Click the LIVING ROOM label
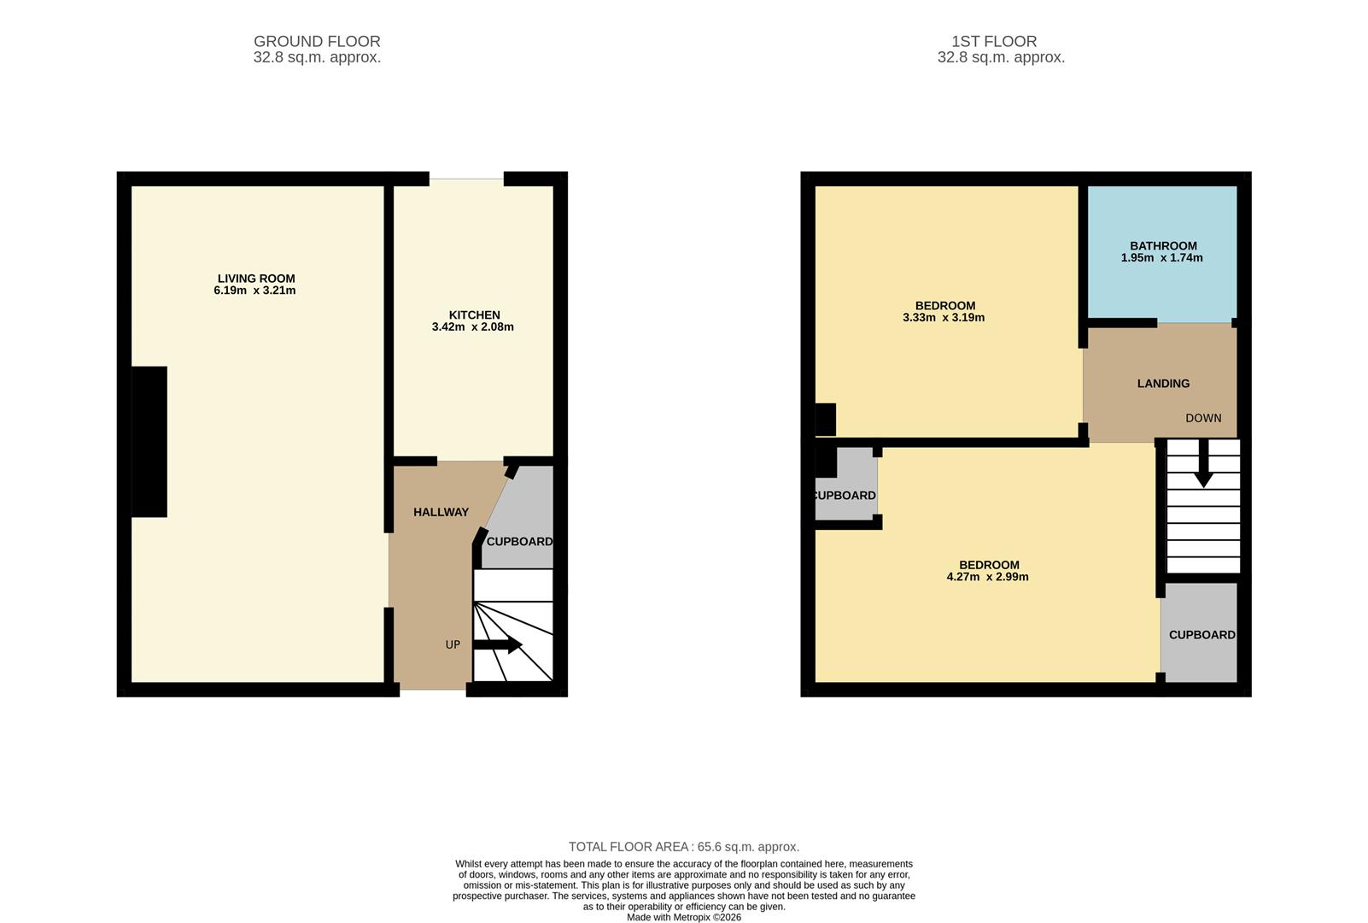[x=256, y=279]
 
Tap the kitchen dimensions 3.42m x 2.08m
[x=472, y=327]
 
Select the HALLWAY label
[x=441, y=512]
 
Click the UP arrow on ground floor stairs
[x=498, y=645]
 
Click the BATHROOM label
[x=1163, y=245]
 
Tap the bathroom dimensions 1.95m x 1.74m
[x=1161, y=258]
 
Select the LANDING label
[x=1163, y=384]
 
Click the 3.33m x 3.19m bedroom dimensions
[x=944, y=318]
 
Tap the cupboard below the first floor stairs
[x=1201, y=635]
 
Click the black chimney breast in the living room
[x=149, y=442]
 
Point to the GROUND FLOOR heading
[x=317, y=41]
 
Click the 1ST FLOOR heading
[x=994, y=41]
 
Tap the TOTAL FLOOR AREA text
[x=684, y=847]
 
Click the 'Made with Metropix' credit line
[x=684, y=917]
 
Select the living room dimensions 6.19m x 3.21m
[x=254, y=291]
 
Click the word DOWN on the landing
[x=1203, y=418]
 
